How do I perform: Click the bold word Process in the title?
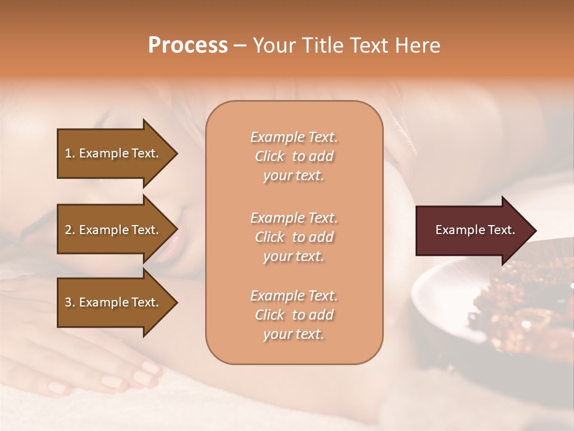(188, 45)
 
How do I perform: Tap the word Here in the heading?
(417, 45)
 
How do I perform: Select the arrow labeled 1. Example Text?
(114, 153)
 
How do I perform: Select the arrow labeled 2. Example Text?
(114, 230)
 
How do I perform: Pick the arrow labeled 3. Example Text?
(114, 302)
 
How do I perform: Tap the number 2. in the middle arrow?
(70, 230)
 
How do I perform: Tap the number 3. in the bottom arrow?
(70, 302)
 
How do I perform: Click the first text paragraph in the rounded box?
(294, 156)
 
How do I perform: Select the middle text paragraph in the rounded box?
(294, 237)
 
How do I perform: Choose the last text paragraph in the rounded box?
(294, 315)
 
